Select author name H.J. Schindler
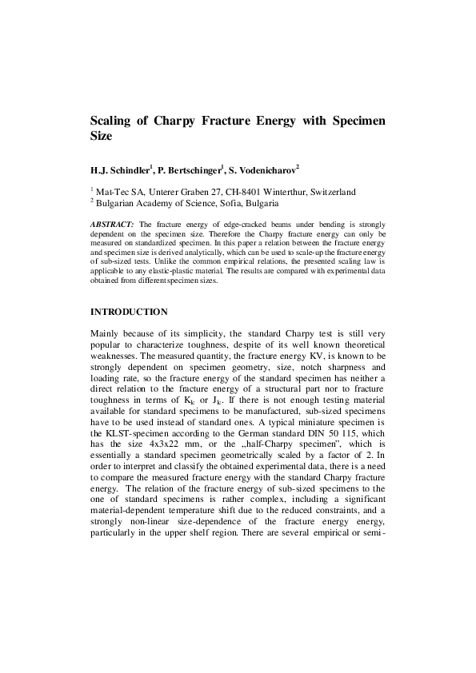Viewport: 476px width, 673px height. [122, 170]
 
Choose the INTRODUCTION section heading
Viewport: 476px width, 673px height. [129, 311]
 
